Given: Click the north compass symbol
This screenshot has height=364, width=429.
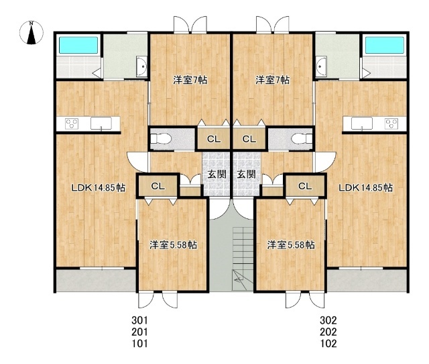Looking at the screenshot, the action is (x=32, y=32).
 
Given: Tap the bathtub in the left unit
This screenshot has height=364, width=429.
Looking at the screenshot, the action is (x=78, y=45).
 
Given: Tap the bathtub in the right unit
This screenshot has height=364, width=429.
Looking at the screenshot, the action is (x=385, y=45).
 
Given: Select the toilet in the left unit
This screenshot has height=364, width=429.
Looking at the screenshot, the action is (x=161, y=139).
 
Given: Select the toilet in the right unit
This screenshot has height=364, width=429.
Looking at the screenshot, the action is (x=302, y=139).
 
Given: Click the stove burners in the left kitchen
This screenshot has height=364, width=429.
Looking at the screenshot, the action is (x=72, y=124).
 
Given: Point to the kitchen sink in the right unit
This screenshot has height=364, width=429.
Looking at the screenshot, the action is (x=362, y=123).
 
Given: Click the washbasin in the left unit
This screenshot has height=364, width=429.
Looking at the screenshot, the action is (x=141, y=66).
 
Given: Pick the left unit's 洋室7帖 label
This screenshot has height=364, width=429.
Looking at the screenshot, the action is (x=190, y=80).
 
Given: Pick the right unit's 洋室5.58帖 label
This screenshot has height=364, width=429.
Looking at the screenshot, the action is (x=290, y=244).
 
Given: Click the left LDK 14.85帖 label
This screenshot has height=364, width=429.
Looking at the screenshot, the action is (x=99, y=188).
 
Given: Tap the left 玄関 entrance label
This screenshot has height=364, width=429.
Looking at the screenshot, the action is (x=217, y=174).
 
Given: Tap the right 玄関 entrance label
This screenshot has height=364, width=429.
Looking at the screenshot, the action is (x=246, y=174).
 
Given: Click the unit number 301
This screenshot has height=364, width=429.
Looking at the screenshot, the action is (x=139, y=320).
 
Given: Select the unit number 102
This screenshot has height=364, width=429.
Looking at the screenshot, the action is (x=328, y=343).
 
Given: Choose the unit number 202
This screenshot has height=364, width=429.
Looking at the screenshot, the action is (x=328, y=332).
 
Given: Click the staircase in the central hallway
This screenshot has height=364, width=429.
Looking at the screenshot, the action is (x=243, y=258).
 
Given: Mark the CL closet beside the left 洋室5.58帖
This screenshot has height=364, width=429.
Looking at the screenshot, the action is (x=158, y=186).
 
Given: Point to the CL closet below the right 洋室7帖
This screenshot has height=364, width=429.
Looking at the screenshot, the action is (x=249, y=139).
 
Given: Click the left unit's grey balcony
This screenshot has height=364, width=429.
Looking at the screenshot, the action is (x=96, y=281).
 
